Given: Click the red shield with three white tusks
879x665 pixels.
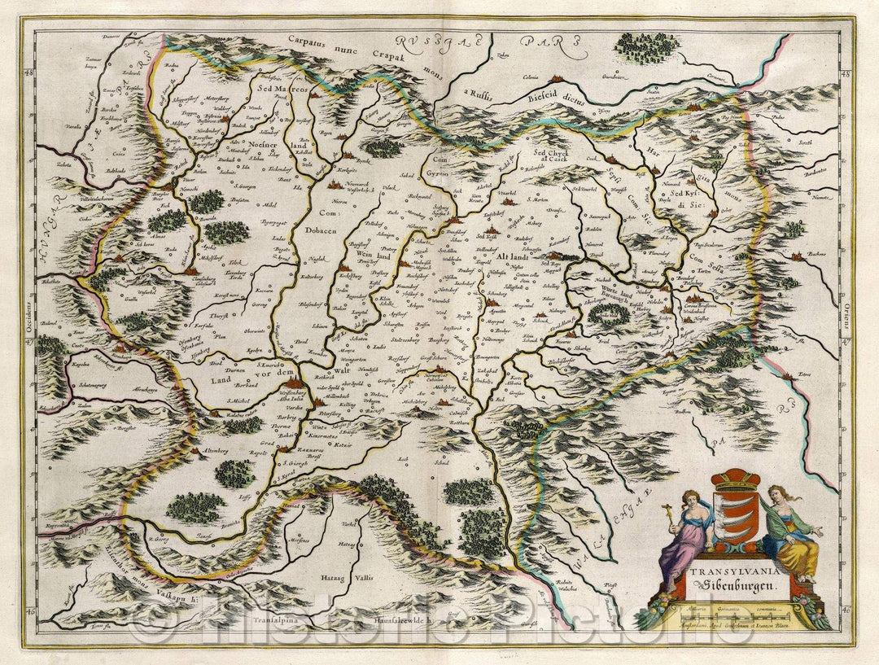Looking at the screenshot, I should click(x=739, y=518).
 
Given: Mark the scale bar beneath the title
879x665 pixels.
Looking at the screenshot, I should click(x=739, y=616).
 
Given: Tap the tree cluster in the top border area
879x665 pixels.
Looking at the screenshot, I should click(x=638, y=44).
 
